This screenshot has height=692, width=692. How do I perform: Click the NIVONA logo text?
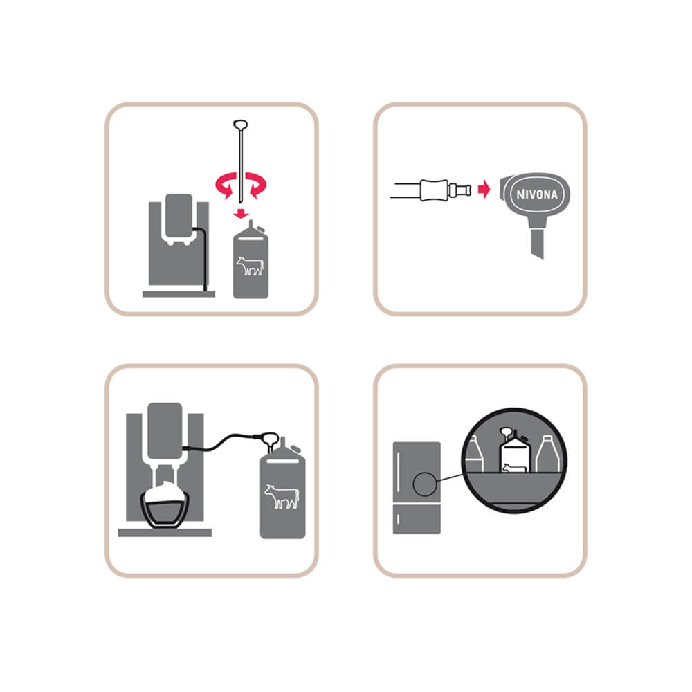point(537,194)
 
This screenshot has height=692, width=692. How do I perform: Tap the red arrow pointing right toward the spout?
point(484,190)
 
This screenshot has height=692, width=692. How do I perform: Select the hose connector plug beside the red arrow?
point(446,190)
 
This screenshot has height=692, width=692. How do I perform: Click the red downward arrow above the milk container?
point(241,214)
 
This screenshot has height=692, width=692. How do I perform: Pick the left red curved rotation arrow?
point(225,185)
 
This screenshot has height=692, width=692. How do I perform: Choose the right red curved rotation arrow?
point(256,185)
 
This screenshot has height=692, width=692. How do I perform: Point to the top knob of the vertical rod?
point(240,125)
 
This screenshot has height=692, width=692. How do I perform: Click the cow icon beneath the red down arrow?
point(251,266)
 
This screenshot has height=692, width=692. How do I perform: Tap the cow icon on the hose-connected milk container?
point(282,496)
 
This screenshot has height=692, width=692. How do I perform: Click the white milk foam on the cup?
point(165,491)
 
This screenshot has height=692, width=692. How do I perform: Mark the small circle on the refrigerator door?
point(425,484)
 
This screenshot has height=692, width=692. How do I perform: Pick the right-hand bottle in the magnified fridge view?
point(547,454)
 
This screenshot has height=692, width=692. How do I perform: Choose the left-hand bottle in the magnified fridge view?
point(475,454)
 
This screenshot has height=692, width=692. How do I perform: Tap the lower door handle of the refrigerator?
point(398,518)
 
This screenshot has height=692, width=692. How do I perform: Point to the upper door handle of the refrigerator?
point(398,470)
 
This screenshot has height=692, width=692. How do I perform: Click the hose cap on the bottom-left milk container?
point(269,439)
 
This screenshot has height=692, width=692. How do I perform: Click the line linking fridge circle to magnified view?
point(449,477)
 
